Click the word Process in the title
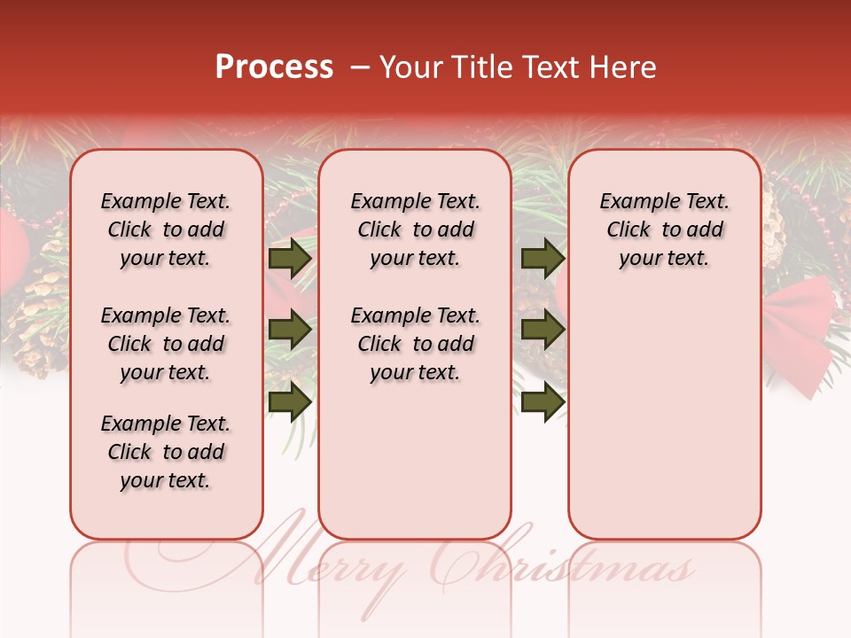point(274,67)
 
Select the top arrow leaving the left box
point(289,259)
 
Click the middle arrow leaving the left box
point(289,331)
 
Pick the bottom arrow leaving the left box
point(289,401)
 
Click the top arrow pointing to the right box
point(543,259)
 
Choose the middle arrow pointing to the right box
point(543,331)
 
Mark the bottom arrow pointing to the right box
point(543,401)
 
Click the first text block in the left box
point(166,230)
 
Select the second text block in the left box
point(166,344)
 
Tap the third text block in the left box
point(166,452)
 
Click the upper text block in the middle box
point(415,230)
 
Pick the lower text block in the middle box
point(415,344)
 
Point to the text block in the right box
point(665,230)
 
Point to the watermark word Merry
point(328,567)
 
